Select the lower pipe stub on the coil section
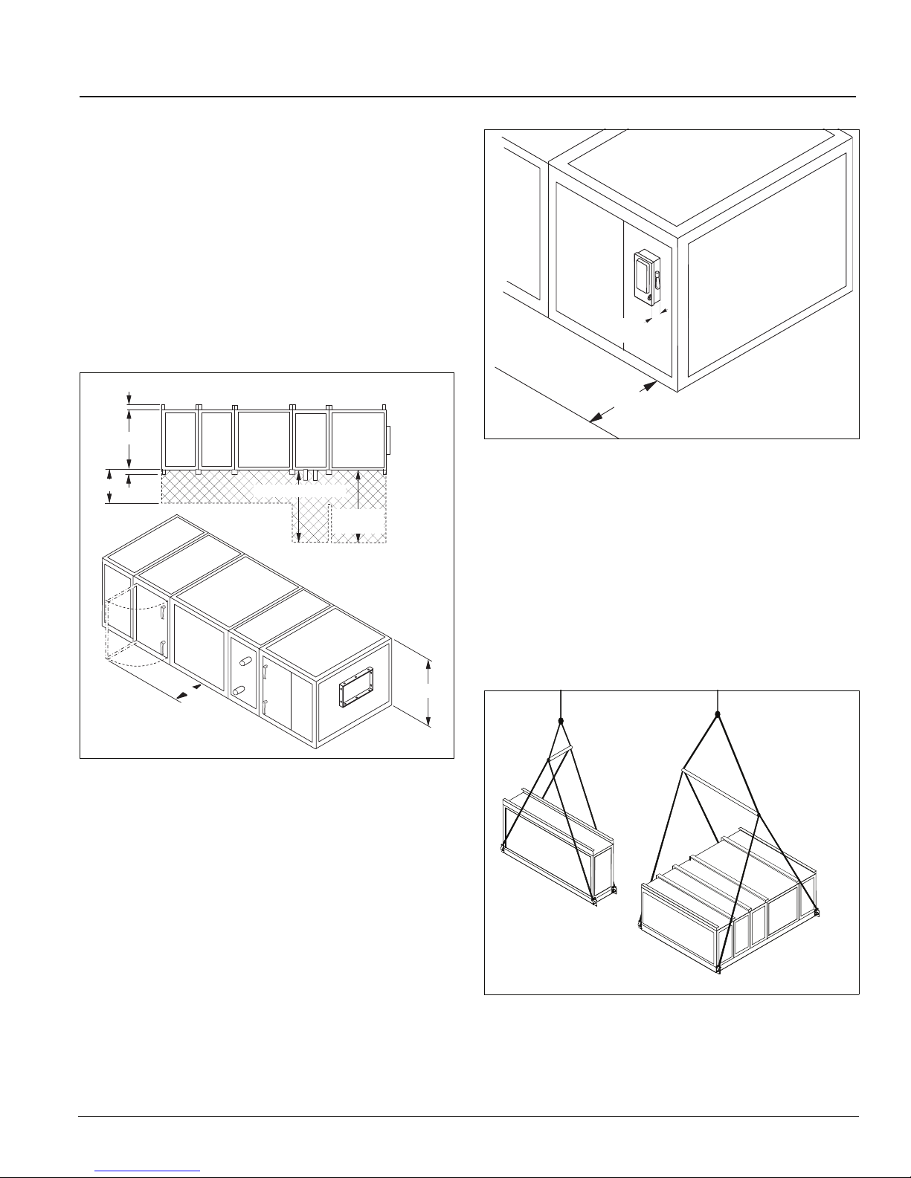pyautogui.click(x=239, y=691)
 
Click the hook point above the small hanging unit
pyautogui.click(x=561, y=720)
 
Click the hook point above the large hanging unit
pyautogui.click(x=718, y=715)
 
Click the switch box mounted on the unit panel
pyautogui.click(x=646, y=278)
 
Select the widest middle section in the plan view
pyautogui.click(x=263, y=438)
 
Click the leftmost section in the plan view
pyautogui.click(x=179, y=438)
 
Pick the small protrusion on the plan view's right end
pyautogui.click(x=388, y=440)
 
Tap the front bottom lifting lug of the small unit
pyautogui.click(x=594, y=901)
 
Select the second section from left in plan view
pyautogui.click(x=216, y=438)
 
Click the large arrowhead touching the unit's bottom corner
pyautogui.click(x=648, y=386)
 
